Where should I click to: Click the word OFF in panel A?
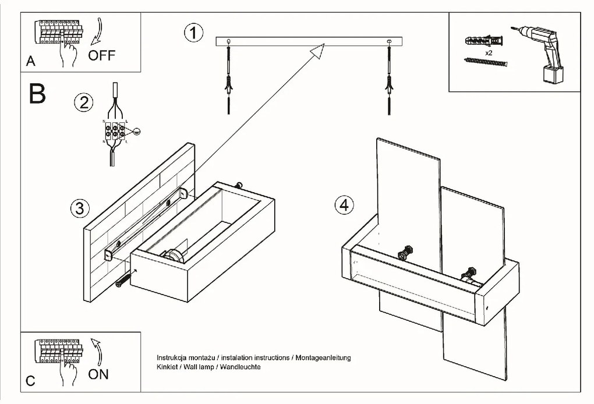coord(102,56)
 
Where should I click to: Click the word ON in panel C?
coord(98,374)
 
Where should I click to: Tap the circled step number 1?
coord(194,33)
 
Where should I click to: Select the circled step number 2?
coord(83,103)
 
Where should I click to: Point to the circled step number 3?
coord(79,208)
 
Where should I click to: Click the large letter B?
coord(37,94)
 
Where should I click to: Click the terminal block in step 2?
coord(116,132)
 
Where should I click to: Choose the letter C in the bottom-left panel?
coord(31,381)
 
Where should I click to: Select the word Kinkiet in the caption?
coord(167,368)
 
